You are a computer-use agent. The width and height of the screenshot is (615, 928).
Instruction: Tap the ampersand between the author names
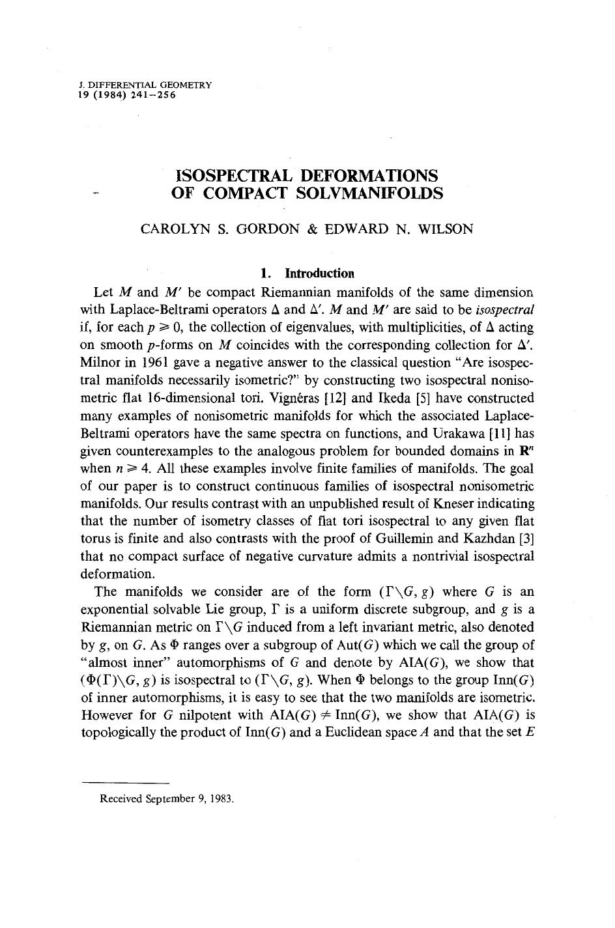coord(312,229)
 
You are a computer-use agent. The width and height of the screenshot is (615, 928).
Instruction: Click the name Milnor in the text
coord(100,362)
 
